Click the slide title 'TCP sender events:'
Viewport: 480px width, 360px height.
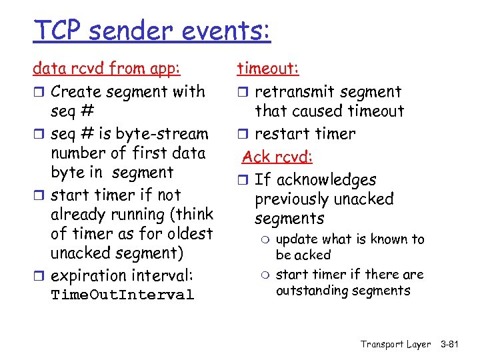[152, 31]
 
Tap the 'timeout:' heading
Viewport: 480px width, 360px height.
[268, 69]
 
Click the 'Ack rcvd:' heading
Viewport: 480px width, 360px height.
[277, 157]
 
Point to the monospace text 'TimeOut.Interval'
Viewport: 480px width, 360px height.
[123, 295]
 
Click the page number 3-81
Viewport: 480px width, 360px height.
[455, 344]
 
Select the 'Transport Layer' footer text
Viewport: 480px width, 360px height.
[395, 344]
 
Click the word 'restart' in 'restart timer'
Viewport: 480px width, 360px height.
[280, 133]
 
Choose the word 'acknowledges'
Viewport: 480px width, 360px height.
[326, 180]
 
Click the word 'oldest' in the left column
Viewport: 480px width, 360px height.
[189, 233]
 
